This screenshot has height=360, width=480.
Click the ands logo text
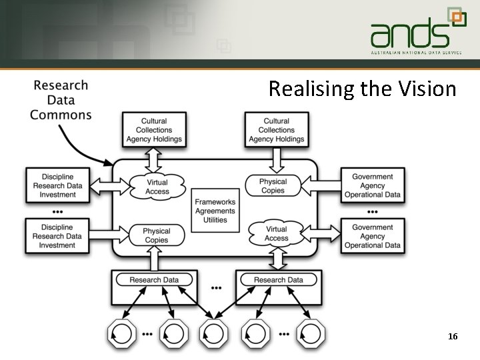[x=409, y=33]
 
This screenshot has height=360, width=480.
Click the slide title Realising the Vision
[x=362, y=89]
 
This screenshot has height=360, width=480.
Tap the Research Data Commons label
[x=61, y=100]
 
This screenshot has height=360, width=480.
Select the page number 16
[x=453, y=337]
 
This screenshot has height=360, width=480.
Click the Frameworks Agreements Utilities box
[x=215, y=211]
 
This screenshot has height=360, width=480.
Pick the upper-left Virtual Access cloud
[x=157, y=187]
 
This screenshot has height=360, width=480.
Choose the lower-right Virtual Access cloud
[x=277, y=233]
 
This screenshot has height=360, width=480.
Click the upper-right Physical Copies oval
[x=273, y=185]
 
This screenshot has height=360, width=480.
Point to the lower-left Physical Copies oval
[x=157, y=235]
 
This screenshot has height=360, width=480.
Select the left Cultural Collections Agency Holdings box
[x=154, y=130]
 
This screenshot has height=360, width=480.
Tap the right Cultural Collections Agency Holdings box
[x=277, y=130]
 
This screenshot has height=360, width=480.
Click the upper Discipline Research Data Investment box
[x=57, y=186]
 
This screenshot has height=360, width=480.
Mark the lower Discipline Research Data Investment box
[x=57, y=236]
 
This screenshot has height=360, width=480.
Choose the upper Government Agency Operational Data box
[x=373, y=186]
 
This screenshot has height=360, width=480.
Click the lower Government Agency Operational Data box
[x=373, y=236]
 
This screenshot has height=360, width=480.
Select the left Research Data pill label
[x=154, y=280]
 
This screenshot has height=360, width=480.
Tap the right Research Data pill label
[x=278, y=280]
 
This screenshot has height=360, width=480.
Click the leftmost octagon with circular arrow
[x=122, y=333]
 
